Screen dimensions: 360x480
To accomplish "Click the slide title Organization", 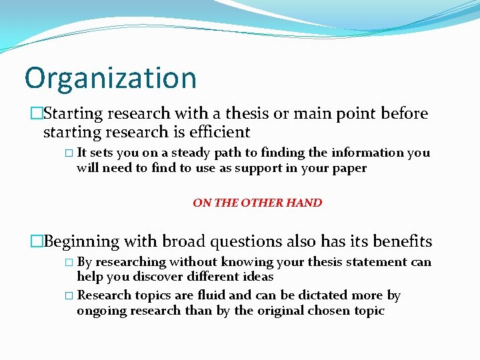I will [111, 78].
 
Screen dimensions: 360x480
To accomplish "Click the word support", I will [265, 168].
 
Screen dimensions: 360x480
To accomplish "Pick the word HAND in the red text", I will [306, 203].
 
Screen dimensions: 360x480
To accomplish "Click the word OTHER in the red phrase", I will [262, 203].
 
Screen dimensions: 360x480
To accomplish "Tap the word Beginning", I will [81, 241].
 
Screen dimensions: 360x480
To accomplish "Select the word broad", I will [187, 241].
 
